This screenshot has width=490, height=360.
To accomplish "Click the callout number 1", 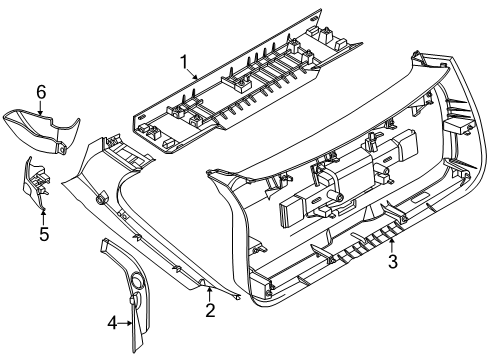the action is [184, 62].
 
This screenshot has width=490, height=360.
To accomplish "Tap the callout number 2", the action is [210, 310].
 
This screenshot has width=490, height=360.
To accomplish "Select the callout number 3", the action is [393, 261].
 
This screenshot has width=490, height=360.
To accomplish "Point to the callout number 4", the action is [113, 323].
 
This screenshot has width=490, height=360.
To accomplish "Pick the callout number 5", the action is [44, 234].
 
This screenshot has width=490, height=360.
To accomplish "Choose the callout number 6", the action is [41, 92].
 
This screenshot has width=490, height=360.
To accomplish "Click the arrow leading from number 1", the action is [193, 74].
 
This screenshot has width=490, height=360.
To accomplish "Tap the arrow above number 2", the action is [209, 293].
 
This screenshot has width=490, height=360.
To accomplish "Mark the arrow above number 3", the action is [392, 245].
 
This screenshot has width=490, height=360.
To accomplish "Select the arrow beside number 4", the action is [126, 323].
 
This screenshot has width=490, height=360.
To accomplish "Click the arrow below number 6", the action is [40, 108].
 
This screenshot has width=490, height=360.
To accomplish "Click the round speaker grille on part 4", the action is [137, 279].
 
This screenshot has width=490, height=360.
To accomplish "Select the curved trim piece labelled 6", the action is [42, 132].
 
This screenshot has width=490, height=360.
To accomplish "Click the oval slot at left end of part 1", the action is [142, 116].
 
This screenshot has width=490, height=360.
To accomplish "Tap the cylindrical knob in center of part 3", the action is [335, 197].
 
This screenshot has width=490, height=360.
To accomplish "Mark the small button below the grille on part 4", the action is [135, 299].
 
